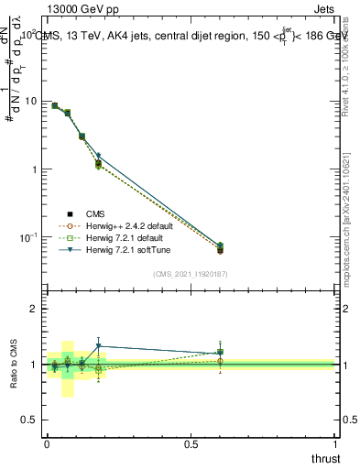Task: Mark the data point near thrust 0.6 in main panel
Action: [220, 249]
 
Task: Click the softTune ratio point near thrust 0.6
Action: [220, 353]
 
